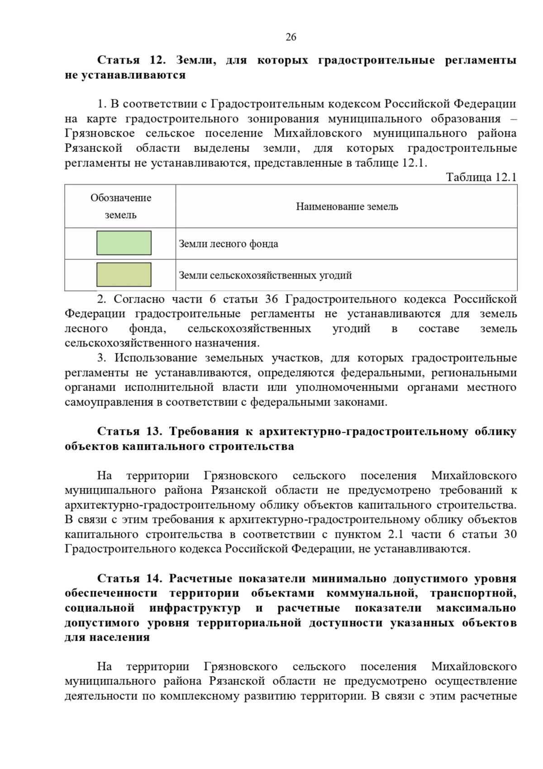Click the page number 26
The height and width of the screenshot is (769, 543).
coord(291,37)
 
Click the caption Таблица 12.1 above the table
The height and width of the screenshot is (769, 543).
coord(481,177)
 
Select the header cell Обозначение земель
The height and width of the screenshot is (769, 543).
coord(121,206)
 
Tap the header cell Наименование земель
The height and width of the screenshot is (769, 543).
coord(347,207)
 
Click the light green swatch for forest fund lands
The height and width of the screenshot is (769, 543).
coord(124,243)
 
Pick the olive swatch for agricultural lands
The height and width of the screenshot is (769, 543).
coord(124,274)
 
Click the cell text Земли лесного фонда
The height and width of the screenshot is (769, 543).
coord(229,244)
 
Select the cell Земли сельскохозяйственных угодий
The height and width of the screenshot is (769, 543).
coord(265,275)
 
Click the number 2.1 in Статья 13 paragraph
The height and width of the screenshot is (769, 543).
coord(395,534)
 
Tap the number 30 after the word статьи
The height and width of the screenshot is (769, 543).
coord(510,534)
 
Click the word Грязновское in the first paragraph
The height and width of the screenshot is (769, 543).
coord(100,133)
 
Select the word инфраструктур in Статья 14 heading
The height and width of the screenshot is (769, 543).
coord(195,608)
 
